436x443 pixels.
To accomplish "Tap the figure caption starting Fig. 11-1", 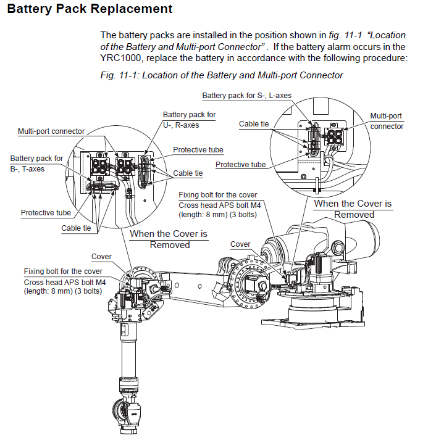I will coord(221,75).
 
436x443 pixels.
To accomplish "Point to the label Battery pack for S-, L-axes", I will coord(246,96).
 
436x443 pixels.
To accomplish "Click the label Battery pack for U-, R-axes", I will coord(189,119).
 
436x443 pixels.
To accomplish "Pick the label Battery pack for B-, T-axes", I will coord(36,164).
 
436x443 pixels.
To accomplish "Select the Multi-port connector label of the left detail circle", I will coord(51,131).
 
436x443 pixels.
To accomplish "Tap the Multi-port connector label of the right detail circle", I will coord(387,121).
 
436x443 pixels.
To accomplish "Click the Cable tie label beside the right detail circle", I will coord(254,124).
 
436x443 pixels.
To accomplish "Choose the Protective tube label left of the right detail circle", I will coord(240,165).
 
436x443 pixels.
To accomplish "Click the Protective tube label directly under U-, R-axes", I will coord(198,150).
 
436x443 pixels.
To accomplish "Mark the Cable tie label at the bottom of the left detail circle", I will coord(76,228).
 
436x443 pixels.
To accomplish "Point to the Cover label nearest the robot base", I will coord(240,244).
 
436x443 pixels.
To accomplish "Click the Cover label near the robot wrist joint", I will coord(101,257).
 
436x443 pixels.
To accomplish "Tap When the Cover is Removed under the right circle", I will coord(353,209).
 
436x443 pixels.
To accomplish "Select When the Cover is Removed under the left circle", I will coord(169,239).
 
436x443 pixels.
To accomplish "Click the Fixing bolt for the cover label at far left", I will coord(63,271).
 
